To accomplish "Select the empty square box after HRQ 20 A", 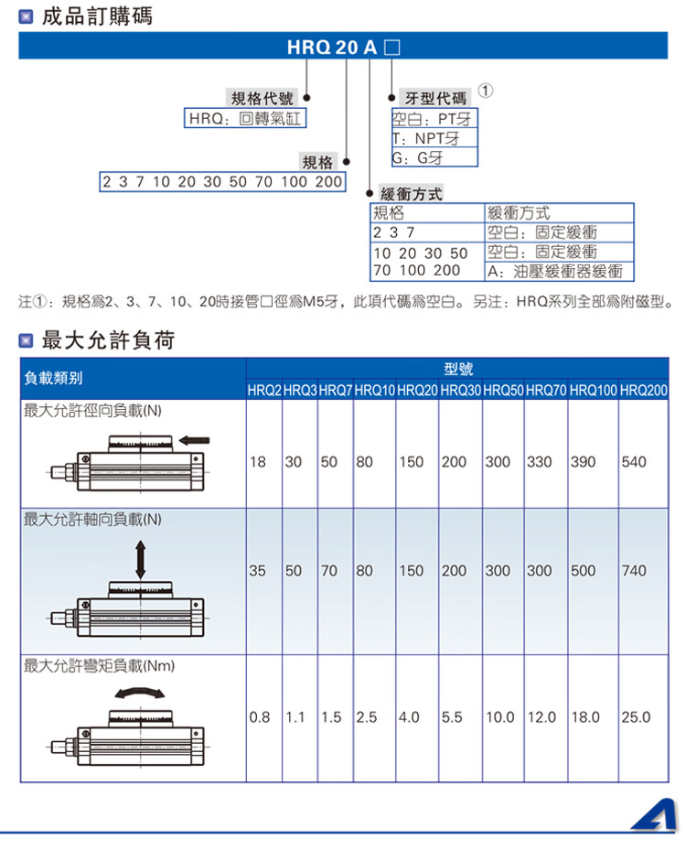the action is click(x=391, y=48).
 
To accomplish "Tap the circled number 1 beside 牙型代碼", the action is click(x=486, y=91).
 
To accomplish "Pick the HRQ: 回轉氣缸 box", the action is click(x=245, y=118).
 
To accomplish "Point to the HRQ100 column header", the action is click(x=594, y=390).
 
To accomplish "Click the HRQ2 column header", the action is click(x=264, y=390).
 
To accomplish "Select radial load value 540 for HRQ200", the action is click(x=634, y=462).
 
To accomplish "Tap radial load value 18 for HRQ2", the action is click(x=257, y=462).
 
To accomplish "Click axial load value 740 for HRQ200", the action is click(x=634, y=570).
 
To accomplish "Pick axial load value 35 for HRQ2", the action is click(x=257, y=570).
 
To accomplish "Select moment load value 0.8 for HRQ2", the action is click(x=260, y=717).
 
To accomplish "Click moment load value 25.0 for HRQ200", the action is click(x=636, y=717).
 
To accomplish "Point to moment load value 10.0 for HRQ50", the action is click(x=499, y=717).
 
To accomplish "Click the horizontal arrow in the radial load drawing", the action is click(x=194, y=440).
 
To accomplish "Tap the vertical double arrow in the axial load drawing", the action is click(x=140, y=559).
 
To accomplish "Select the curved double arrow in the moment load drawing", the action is click(x=140, y=693).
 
